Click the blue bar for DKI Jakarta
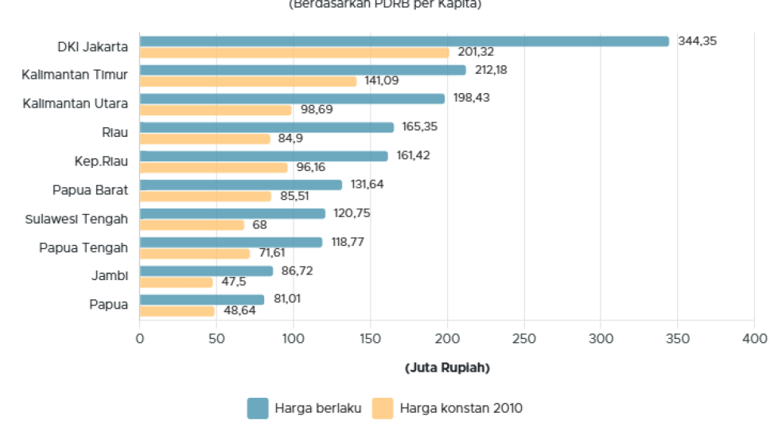click(x=404, y=41)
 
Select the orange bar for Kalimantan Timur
click(x=248, y=81)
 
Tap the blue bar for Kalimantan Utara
click(x=292, y=99)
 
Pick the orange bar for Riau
click(x=205, y=138)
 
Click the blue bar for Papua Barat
click(x=241, y=185)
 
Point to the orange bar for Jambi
click(x=177, y=282)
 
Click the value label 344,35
click(x=697, y=41)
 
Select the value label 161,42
click(x=413, y=155)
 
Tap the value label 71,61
click(x=271, y=253)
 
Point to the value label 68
click(x=259, y=224)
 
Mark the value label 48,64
click(x=239, y=310)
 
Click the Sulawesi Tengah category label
click(x=76, y=219)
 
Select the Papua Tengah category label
click(x=84, y=247)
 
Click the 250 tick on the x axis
click(x=523, y=339)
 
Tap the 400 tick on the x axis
click(x=754, y=339)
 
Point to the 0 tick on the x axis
click(x=140, y=339)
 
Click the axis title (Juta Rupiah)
click(x=447, y=368)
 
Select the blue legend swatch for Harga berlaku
click(x=258, y=408)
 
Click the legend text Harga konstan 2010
click(x=461, y=408)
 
